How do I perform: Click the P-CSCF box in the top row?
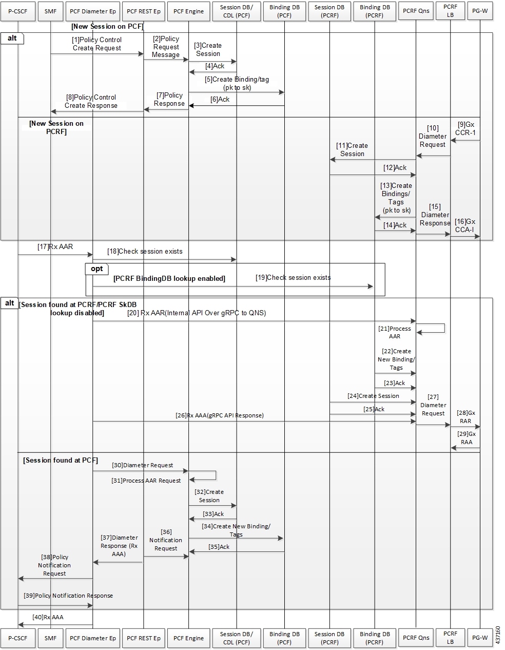pyautogui.click(x=18, y=11)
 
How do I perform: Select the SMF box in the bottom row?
pyautogui.click(x=50, y=638)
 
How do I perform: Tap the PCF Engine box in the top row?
pyautogui.click(x=188, y=11)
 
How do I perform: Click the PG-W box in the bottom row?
pyautogui.click(x=480, y=638)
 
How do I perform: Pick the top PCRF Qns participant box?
pyautogui.click(x=416, y=11)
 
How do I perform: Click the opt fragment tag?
pyautogui.click(x=97, y=269)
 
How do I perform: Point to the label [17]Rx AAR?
pyautogui.click(x=55, y=246)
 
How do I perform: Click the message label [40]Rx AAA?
pyautogui.click(x=48, y=617)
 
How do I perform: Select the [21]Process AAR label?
pyautogui.click(x=395, y=332)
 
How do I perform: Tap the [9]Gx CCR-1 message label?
pyautogui.click(x=465, y=129)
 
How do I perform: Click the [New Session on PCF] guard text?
pyautogui.click(x=108, y=26)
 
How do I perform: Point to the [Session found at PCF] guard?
pyautogui.click(x=61, y=460)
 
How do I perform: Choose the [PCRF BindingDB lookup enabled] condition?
pyautogui.click(x=169, y=278)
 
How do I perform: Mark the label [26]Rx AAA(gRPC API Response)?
pyautogui.click(x=220, y=415)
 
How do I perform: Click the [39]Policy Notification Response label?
pyautogui.click(x=68, y=596)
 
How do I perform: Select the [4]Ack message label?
pyautogui.click(x=215, y=66)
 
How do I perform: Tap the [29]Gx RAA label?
pyautogui.click(x=467, y=438)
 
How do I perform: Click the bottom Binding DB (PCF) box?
pyautogui.click(x=284, y=638)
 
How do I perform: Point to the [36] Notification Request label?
pyautogui.click(x=166, y=540)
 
